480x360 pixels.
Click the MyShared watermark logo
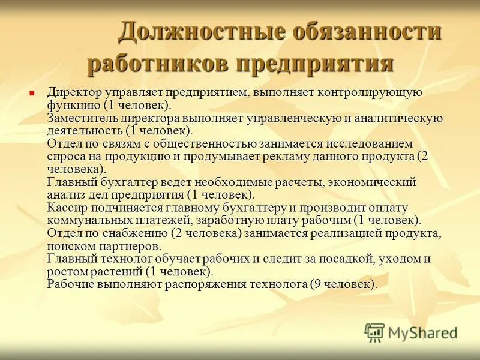412,332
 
